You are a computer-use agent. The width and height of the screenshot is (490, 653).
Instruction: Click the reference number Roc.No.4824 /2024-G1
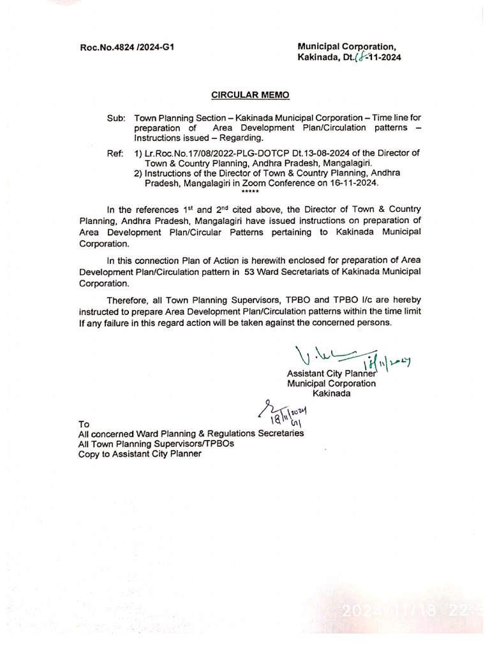127,47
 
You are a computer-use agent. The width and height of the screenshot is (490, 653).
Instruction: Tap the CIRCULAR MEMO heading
250,95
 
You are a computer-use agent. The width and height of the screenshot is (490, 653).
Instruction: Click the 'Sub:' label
117,118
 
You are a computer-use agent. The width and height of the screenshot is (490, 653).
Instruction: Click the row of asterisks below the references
250,191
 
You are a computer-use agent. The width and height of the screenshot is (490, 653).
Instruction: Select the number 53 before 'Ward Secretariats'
251,272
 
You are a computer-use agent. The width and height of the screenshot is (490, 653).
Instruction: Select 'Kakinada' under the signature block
331,394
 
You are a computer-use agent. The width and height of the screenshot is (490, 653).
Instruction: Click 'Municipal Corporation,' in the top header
347,47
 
